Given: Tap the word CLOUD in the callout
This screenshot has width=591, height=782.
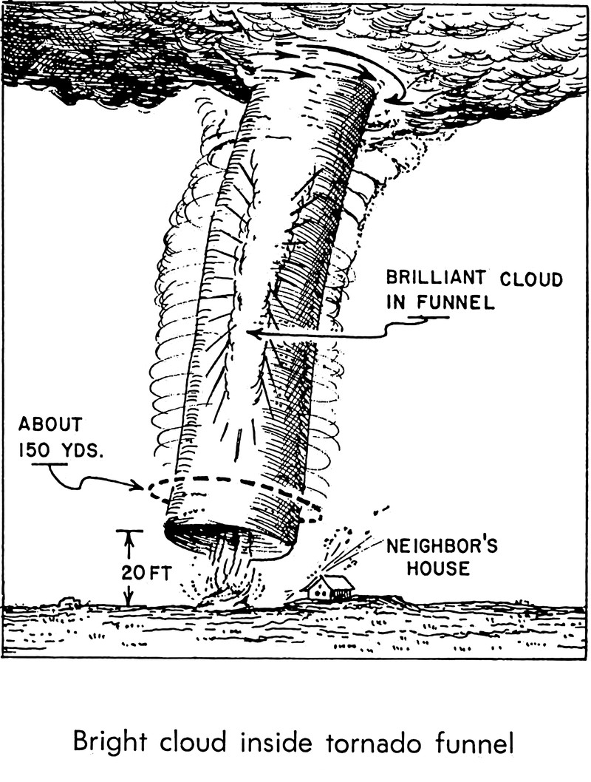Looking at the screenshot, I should pos(530,280).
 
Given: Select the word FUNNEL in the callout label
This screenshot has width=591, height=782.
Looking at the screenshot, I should pos(457,304).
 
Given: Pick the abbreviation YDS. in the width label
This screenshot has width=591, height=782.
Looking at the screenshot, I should pos(81,449).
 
